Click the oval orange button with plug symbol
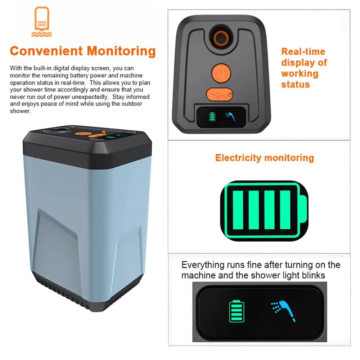(219, 94)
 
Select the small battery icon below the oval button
(212, 116)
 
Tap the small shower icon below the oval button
(230, 116)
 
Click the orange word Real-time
(303, 51)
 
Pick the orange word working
(300, 74)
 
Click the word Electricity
(238, 158)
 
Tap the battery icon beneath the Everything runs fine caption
(237, 311)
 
